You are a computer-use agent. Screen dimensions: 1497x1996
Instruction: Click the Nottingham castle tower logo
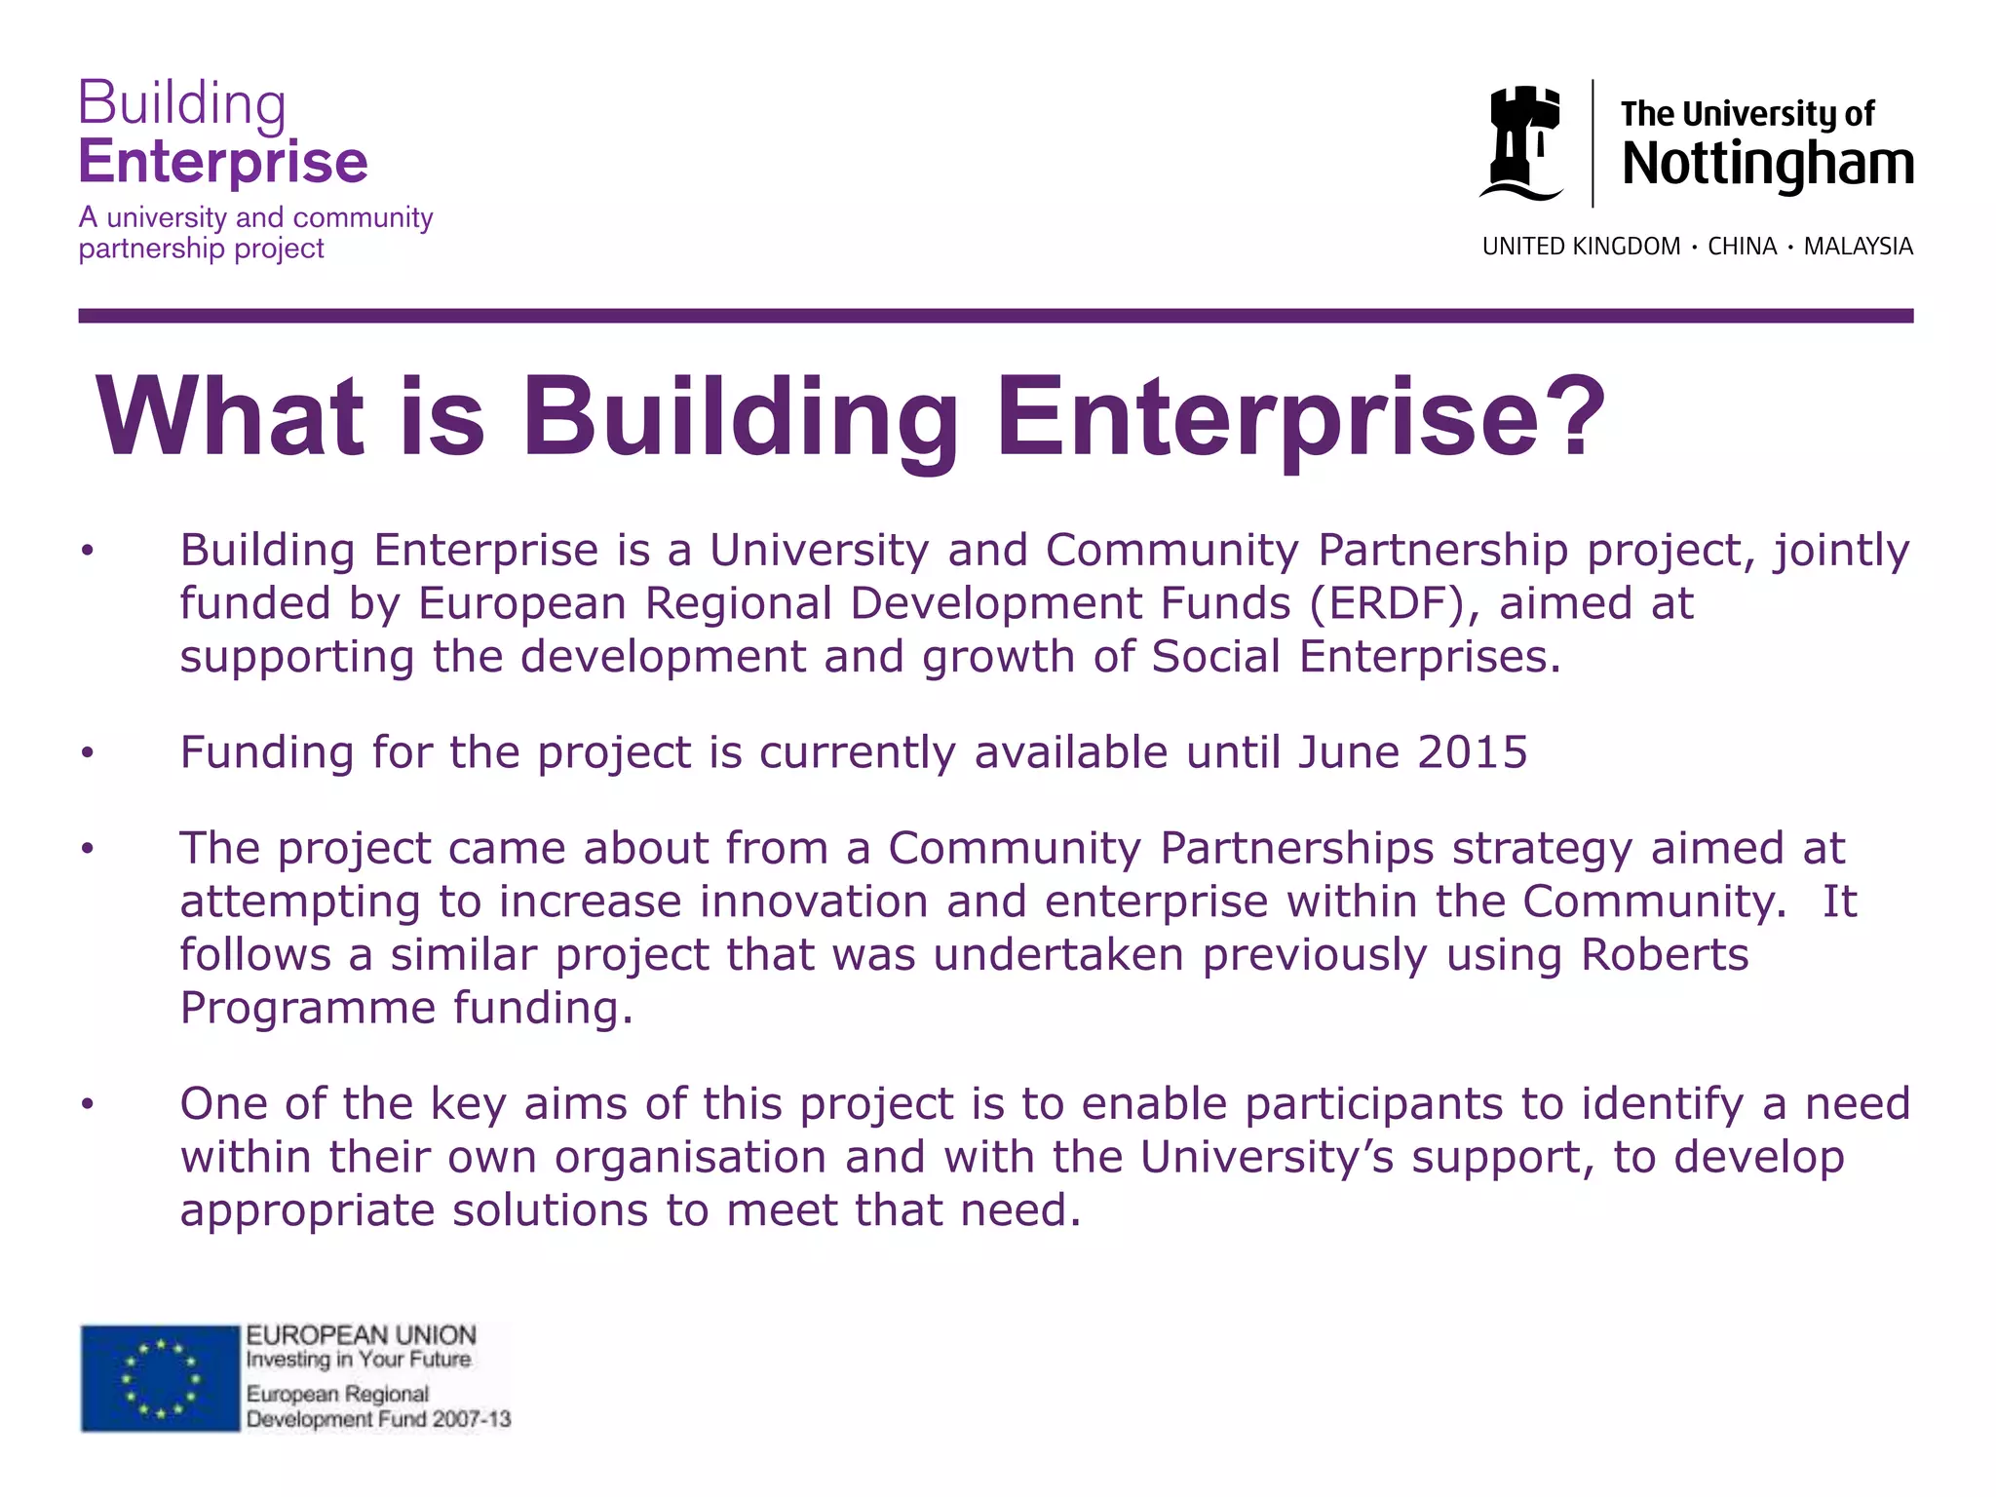pos(1521,143)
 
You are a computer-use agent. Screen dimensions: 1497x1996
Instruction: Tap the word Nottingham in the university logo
pos(1767,164)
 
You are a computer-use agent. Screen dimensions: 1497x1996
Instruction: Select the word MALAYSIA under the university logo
pos(1858,247)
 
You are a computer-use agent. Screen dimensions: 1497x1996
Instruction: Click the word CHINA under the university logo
pos(1742,247)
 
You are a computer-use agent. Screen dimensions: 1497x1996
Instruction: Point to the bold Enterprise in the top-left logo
pos(223,162)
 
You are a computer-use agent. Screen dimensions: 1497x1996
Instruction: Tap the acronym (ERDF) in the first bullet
pos(1387,603)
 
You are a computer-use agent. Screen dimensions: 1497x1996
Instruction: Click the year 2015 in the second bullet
pos(1472,752)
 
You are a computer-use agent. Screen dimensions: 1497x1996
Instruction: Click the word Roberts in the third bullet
pos(1665,955)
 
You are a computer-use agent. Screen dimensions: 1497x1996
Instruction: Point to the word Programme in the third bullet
pos(307,1008)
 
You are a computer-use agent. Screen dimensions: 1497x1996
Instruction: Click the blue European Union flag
pos(160,1378)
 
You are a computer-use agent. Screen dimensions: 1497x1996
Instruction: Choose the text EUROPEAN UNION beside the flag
pos(361,1335)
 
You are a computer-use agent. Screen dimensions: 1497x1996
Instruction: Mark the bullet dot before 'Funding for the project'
pos(88,753)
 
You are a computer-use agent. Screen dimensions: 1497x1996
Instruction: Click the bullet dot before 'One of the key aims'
pos(88,1104)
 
